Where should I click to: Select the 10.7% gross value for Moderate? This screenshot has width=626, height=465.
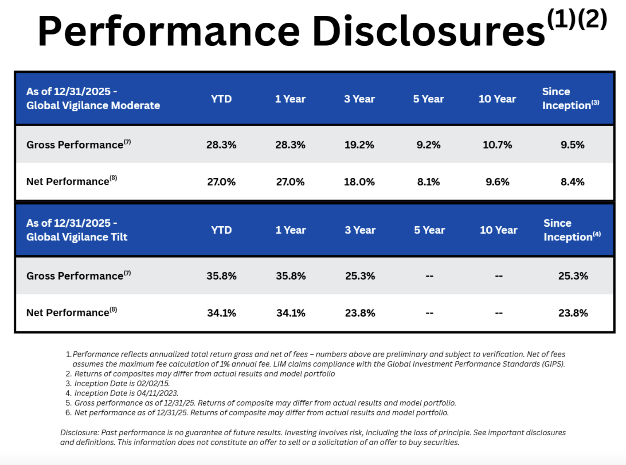point(497,145)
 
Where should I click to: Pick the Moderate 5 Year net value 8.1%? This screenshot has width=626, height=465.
point(429,182)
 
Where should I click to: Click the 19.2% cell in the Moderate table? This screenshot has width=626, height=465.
point(359,145)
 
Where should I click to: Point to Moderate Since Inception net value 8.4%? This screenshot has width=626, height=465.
point(573,182)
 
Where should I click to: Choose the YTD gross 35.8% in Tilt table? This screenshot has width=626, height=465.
point(222,276)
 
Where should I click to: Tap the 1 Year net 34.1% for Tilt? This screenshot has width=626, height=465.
point(291,313)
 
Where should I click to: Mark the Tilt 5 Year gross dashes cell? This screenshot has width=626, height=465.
point(429,276)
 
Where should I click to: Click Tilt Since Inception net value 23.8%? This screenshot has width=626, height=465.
point(573,313)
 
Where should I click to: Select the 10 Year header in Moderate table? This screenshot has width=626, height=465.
point(497,99)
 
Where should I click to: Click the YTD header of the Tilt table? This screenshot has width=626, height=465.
point(222,230)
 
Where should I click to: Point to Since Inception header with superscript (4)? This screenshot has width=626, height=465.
point(571,230)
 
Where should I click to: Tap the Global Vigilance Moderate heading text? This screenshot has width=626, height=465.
point(93,105)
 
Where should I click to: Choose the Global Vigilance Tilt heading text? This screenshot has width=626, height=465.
point(77,237)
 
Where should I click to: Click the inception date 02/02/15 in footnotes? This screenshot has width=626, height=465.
point(153,384)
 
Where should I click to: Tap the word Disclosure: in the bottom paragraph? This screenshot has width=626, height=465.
point(79,432)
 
